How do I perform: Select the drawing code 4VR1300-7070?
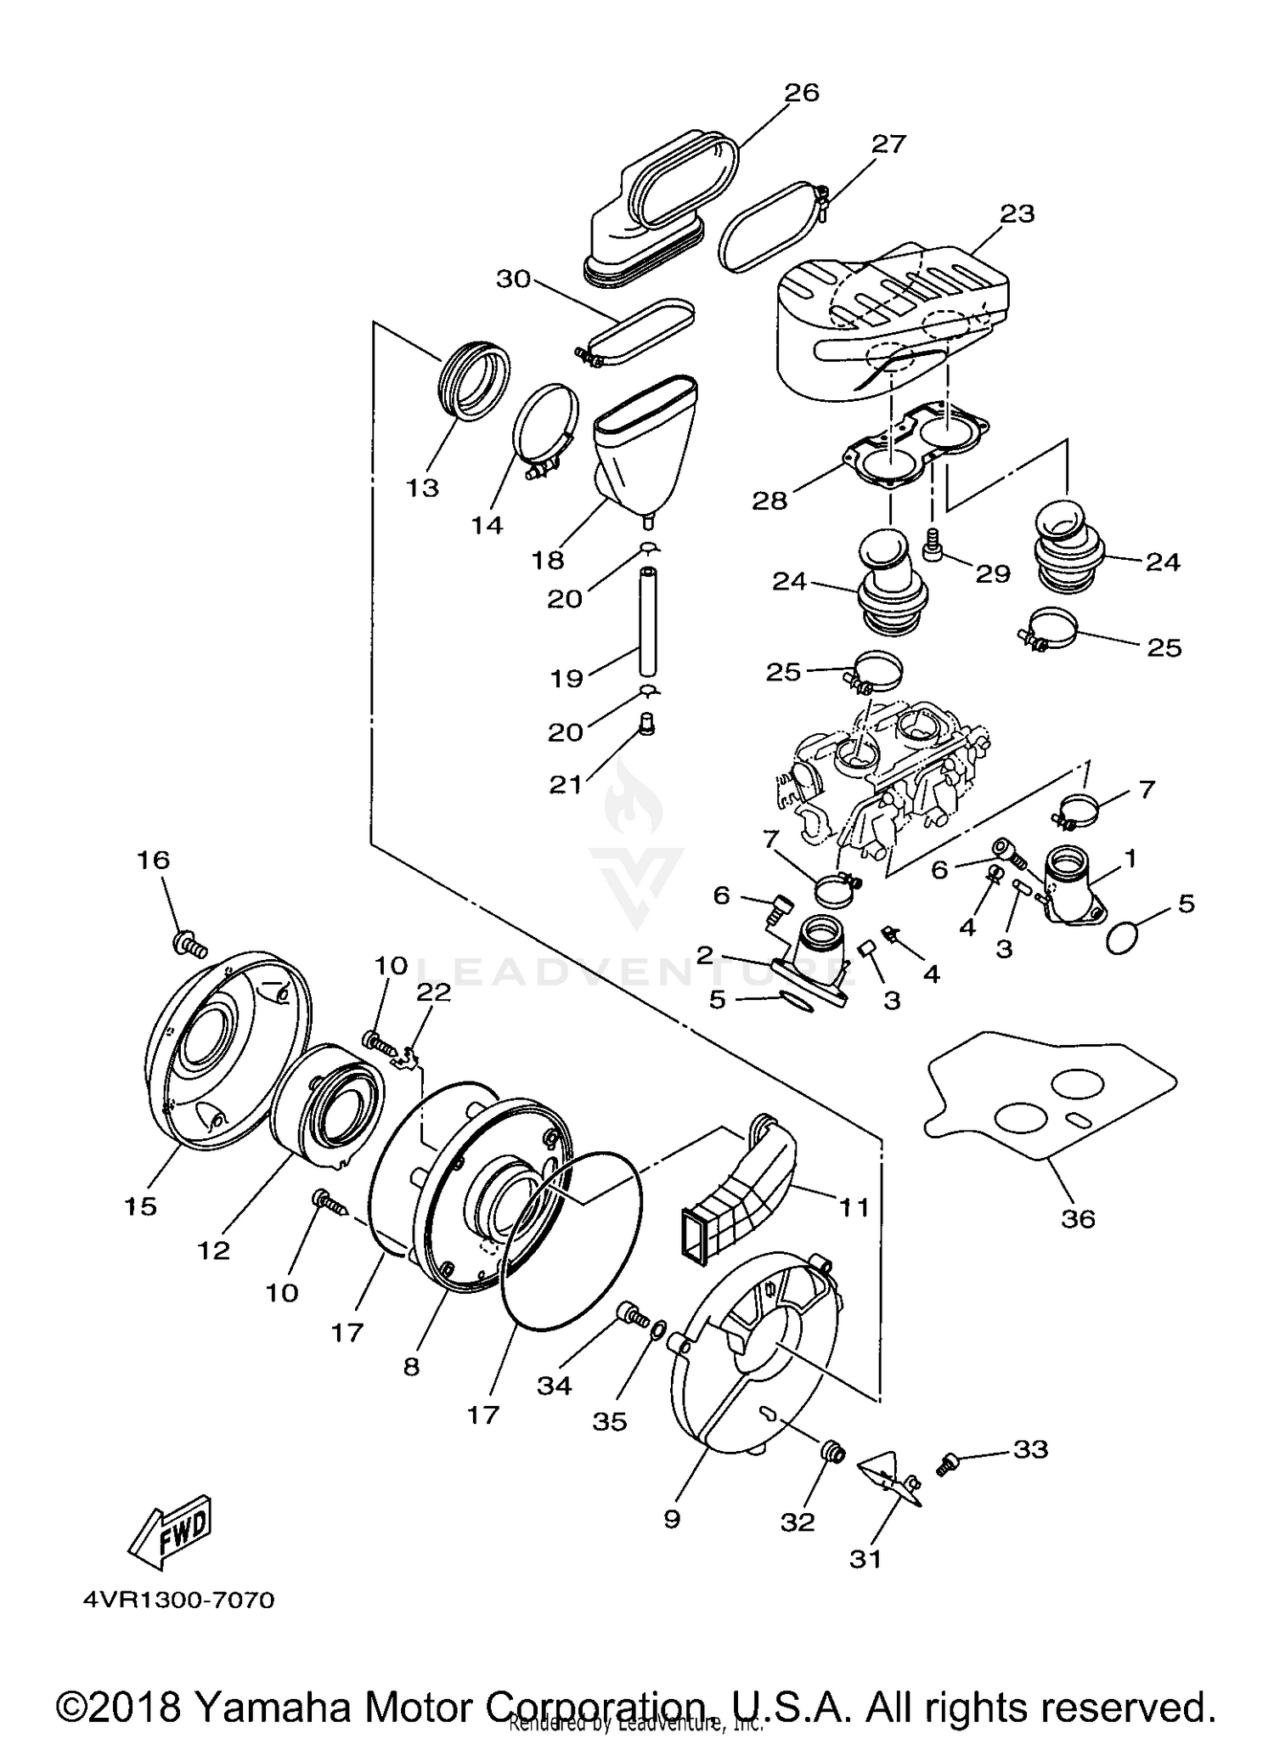[179, 1601]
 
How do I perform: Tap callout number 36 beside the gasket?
[1078, 1219]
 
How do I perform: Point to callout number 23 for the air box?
[1017, 213]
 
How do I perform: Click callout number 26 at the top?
[801, 93]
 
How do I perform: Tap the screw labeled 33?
[947, 1464]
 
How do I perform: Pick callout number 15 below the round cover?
[141, 1205]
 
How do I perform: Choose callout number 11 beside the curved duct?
[854, 1207]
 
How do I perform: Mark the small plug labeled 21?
[646, 726]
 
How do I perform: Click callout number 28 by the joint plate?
[769, 500]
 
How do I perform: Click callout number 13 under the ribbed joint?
[422, 488]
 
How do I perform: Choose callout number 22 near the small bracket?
[432, 991]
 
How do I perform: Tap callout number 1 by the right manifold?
[1130, 858]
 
